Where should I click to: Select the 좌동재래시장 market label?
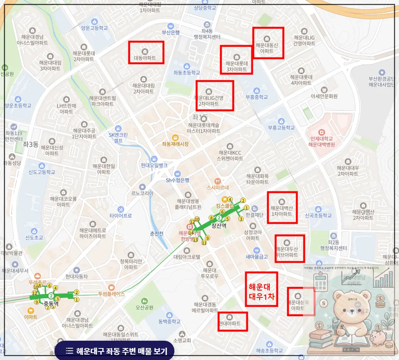click(175, 144)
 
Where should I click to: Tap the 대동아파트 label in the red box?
click(145, 58)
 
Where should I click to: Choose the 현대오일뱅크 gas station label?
click(154, 165)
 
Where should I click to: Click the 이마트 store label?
click(30, 317)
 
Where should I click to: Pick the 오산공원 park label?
click(144, 308)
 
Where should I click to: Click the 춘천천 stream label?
click(157, 233)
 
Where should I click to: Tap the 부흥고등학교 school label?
click(281, 127)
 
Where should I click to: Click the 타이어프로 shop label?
click(121, 215)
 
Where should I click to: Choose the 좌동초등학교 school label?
click(187, 73)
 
